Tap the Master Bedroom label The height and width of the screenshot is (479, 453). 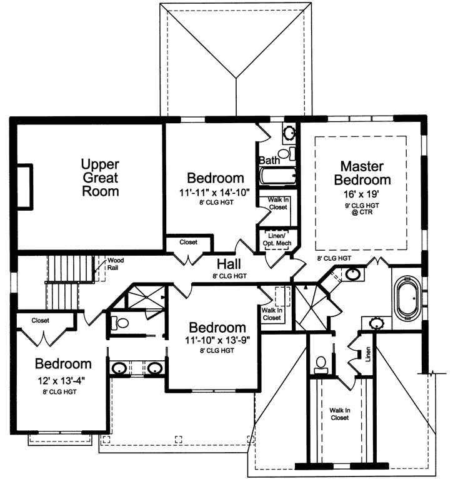click(x=366, y=173)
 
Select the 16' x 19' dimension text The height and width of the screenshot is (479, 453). click(x=366, y=194)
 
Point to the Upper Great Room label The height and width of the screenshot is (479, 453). click(x=100, y=178)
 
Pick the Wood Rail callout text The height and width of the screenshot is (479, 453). click(x=116, y=263)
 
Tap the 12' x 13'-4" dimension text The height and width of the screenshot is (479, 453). click(x=64, y=380)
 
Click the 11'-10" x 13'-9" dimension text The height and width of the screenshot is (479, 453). click(x=217, y=341)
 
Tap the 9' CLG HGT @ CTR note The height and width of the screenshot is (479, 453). click(x=366, y=208)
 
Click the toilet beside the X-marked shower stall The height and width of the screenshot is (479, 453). click(x=121, y=323)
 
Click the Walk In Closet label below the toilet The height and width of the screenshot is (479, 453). click(x=339, y=415)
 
